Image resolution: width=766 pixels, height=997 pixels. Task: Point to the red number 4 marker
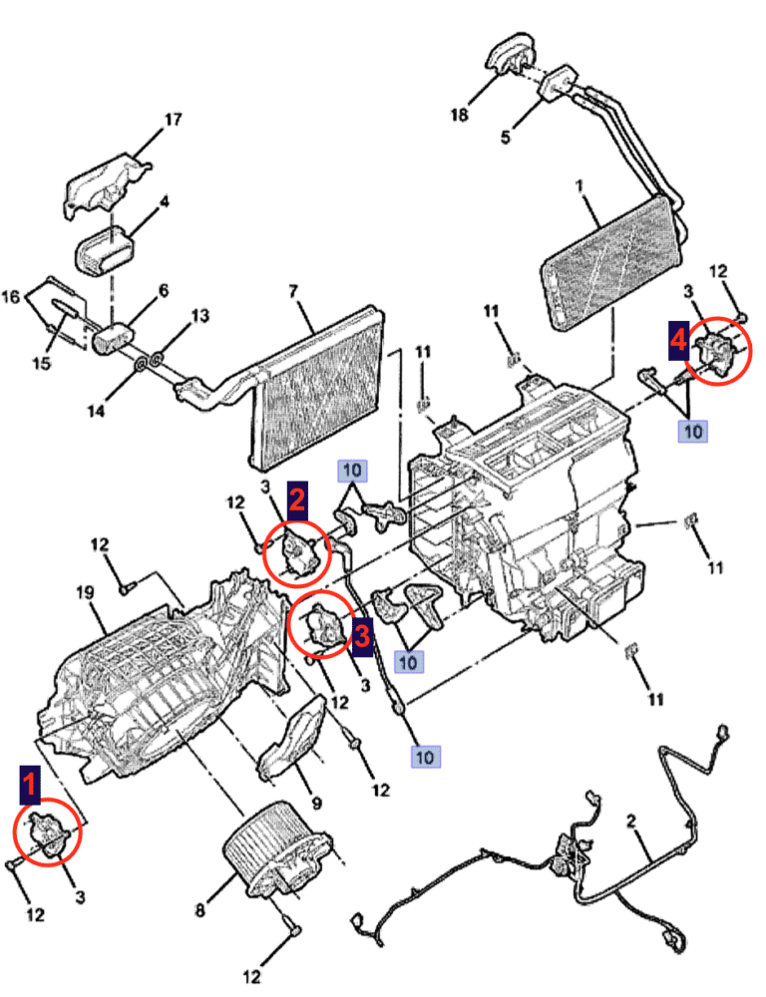coord(677,340)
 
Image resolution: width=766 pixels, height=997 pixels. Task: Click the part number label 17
coord(173,120)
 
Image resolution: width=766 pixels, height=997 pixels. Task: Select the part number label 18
coord(459,115)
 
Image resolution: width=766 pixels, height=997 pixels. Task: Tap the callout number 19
coord(85,592)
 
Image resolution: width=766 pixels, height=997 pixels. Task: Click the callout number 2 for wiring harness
coord(631,822)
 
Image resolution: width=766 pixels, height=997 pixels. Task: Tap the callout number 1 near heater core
coord(578,185)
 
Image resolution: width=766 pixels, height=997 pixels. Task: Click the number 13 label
coord(200,317)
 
